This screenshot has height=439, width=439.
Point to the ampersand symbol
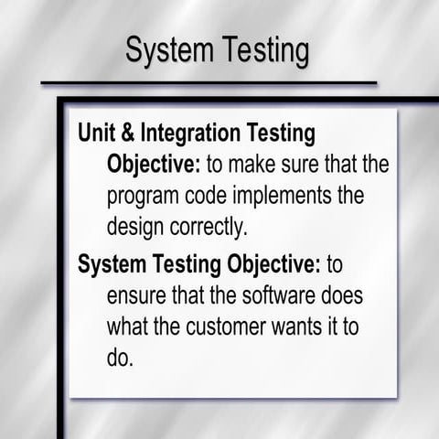[128, 134]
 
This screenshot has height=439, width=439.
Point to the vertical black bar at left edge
[61, 274]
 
